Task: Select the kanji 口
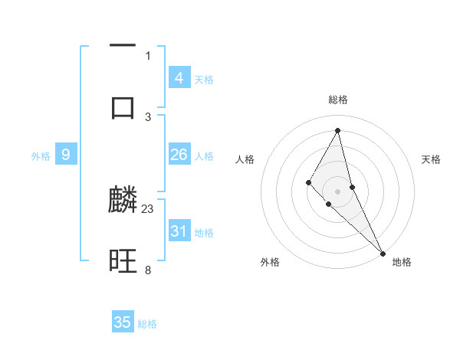tap(123, 106)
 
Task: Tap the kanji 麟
tap(123, 201)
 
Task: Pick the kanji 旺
tap(123, 262)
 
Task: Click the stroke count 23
tap(149, 208)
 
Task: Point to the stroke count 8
tap(148, 270)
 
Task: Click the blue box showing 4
tap(179, 78)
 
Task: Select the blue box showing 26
tap(179, 155)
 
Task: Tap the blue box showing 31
tap(179, 231)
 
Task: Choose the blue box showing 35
tap(123, 322)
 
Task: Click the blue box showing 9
tap(66, 155)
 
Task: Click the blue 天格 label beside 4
tap(204, 80)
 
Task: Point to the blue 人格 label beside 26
tap(204, 156)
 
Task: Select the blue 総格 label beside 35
tap(147, 324)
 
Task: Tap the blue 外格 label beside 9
tap(41, 156)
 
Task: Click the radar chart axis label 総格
tap(338, 100)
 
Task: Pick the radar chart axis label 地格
tap(402, 262)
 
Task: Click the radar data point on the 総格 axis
tap(338, 130)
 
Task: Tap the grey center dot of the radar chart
tap(338, 191)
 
